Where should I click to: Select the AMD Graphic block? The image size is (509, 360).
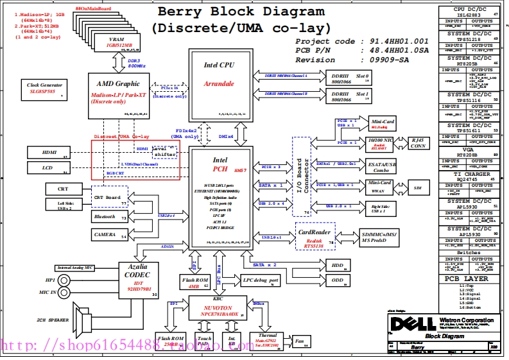(x=117, y=93)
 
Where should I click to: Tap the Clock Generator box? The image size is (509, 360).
(x=45, y=89)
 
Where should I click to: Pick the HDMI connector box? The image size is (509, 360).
(x=48, y=152)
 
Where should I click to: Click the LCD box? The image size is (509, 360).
(x=48, y=167)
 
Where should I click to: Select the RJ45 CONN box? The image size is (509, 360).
(x=418, y=142)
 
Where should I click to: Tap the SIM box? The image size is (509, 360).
(x=417, y=187)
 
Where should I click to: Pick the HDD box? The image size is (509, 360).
(x=338, y=264)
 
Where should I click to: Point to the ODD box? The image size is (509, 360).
(x=338, y=280)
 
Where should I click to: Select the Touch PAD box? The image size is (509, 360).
(x=205, y=341)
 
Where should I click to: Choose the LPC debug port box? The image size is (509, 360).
(x=261, y=280)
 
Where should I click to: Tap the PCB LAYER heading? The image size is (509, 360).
(x=467, y=279)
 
